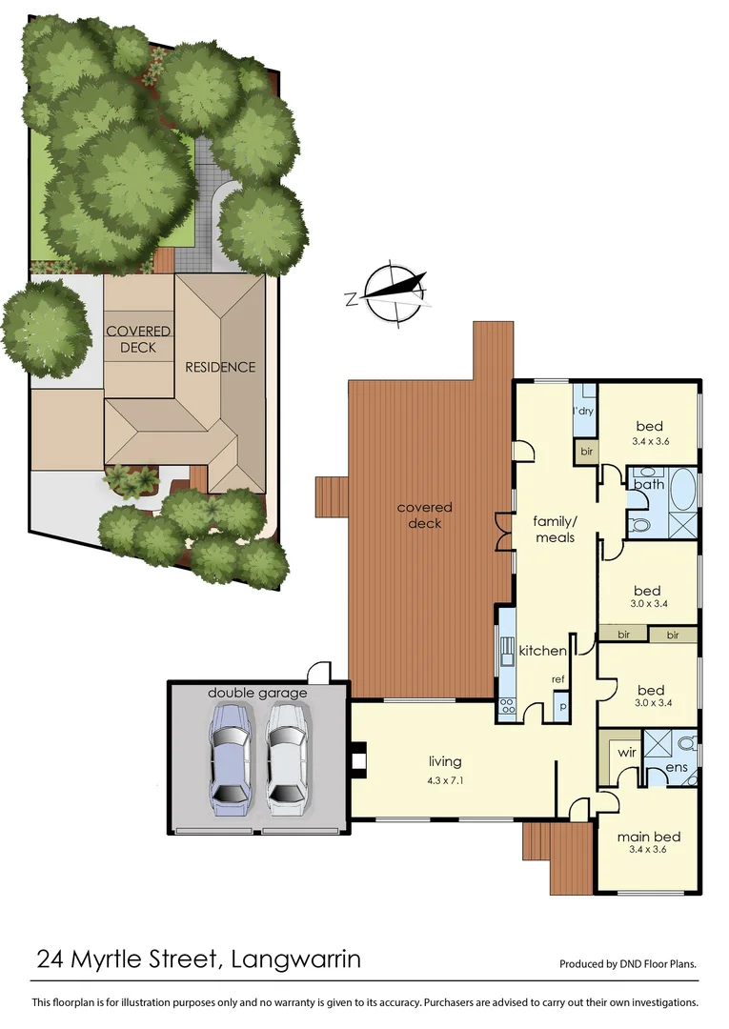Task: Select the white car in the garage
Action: pyautogui.click(x=288, y=759)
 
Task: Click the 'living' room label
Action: pyautogui.click(x=445, y=761)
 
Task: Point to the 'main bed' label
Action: pyautogui.click(x=647, y=837)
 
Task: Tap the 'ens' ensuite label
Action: pyautogui.click(x=677, y=766)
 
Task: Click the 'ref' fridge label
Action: pyautogui.click(x=558, y=678)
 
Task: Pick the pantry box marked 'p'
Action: pyautogui.click(x=561, y=708)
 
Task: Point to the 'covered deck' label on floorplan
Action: pyautogui.click(x=425, y=515)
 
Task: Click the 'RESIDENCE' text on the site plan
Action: pyautogui.click(x=219, y=367)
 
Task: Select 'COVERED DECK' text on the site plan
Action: pyautogui.click(x=138, y=339)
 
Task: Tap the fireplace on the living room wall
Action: pyautogui.click(x=357, y=759)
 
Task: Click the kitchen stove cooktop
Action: pyautogui.click(x=506, y=707)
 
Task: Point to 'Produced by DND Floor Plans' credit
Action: pyautogui.click(x=627, y=964)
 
